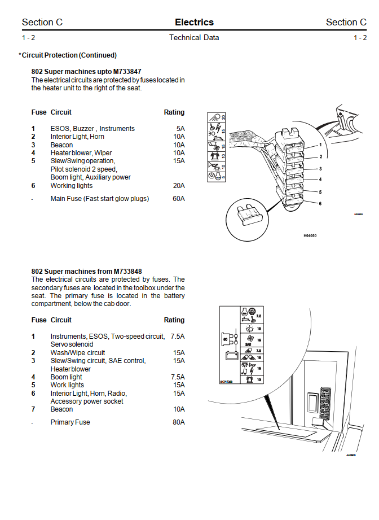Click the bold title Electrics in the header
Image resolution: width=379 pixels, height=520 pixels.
[194, 23]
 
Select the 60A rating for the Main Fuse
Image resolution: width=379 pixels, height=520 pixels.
[178, 199]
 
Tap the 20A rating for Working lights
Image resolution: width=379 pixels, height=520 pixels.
[178, 186]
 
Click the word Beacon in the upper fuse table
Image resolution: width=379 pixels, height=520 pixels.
[61, 145]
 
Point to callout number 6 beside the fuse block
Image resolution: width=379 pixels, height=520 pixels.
[320, 203]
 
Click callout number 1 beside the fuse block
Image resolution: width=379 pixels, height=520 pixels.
[320, 145]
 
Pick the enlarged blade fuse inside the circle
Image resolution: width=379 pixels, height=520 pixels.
[249, 217]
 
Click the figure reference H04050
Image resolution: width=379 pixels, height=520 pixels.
[310, 235]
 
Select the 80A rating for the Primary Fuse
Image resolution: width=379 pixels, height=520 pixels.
[178, 422]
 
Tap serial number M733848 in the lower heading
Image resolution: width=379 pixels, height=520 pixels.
[127, 272]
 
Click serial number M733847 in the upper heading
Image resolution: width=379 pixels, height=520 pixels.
[127, 72]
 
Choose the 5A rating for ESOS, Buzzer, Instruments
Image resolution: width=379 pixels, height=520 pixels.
[180, 129]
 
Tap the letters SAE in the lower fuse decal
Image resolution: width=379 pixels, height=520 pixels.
[248, 344]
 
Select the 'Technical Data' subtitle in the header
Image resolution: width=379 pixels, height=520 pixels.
[194, 38]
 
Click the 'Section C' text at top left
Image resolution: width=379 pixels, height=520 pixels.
[42, 23]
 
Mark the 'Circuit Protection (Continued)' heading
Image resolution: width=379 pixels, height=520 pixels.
[69, 55]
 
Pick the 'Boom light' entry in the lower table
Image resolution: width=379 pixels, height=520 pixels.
[67, 377]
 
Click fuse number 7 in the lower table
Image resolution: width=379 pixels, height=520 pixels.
[33, 409]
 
